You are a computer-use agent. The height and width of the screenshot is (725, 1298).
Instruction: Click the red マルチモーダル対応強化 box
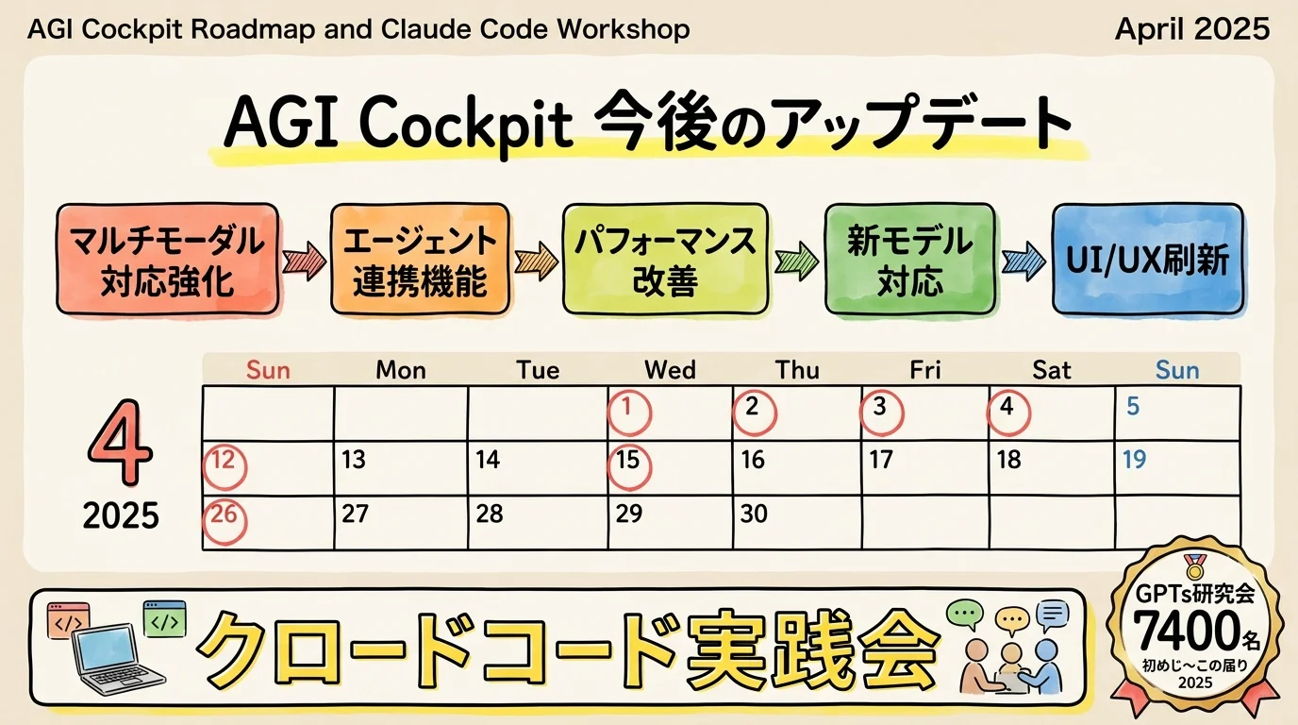pyautogui.click(x=169, y=258)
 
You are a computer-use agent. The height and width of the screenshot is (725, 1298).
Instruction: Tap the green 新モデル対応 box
pyautogui.click(x=910, y=258)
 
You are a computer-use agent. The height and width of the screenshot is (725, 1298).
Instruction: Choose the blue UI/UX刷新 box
pyautogui.click(x=1147, y=258)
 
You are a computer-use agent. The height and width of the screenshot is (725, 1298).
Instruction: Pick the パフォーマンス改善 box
pyautogui.click(x=665, y=258)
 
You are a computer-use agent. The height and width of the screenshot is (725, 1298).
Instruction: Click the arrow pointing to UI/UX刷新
pyautogui.click(x=1023, y=260)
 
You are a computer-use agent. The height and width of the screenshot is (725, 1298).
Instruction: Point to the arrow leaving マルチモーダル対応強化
pyautogui.click(x=304, y=258)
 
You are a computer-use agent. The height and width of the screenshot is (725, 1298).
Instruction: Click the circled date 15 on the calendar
pyautogui.click(x=627, y=461)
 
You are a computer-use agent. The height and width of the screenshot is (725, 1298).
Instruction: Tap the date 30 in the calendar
pyautogui.click(x=754, y=514)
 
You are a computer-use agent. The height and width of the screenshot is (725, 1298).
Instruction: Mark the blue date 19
pyautogui.click(x=1134, y=460)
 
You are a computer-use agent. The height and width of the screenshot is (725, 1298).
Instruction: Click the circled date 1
pyautogui.click(x=629, y=408)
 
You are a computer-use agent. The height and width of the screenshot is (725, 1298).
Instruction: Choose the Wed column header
pyautogui.click(x=670, y=370)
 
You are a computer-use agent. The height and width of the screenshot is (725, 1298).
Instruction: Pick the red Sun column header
pyautogui.click(x=268, y=370)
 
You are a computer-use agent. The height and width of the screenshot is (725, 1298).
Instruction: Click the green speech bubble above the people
pyautogui.click(x=963, y=615)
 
